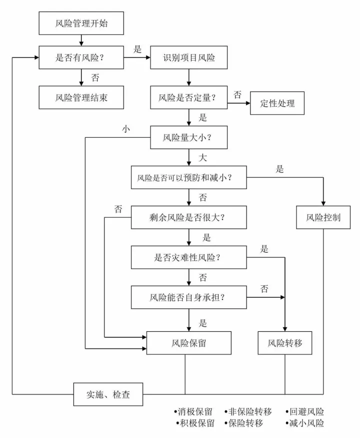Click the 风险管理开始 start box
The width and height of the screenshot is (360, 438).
pyautogui.click(x=81, y=24)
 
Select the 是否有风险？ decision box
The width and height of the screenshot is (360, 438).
pyautogui.click(x=81, y=57)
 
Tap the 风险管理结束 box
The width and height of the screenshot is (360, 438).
pyautogui.click(x=81, y=97)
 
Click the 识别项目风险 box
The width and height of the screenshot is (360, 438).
pyautogui.click(x=189, y=57)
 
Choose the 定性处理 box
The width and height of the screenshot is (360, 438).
pyautogui.click(x=277, y=104)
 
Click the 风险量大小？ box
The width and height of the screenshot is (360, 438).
pyautogui.click(x=189, y=137)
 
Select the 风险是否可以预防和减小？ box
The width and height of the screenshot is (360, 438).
pyautogui.click(x=189, y=177)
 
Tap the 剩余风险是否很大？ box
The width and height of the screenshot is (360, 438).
pyautogui.click(x=189, y=218)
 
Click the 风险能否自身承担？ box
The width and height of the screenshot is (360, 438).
pyautogui.click(x=189, y=297)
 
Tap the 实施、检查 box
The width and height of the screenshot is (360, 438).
pyautogui.click(x=108, y=394)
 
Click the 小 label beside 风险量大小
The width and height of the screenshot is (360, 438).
pyautogui.click(x=125, y=129)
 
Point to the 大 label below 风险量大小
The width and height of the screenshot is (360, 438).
pyautogui.click(x=203, y=157)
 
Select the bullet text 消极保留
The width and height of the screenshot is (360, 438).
pyautogui.click(x=193, y=412)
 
